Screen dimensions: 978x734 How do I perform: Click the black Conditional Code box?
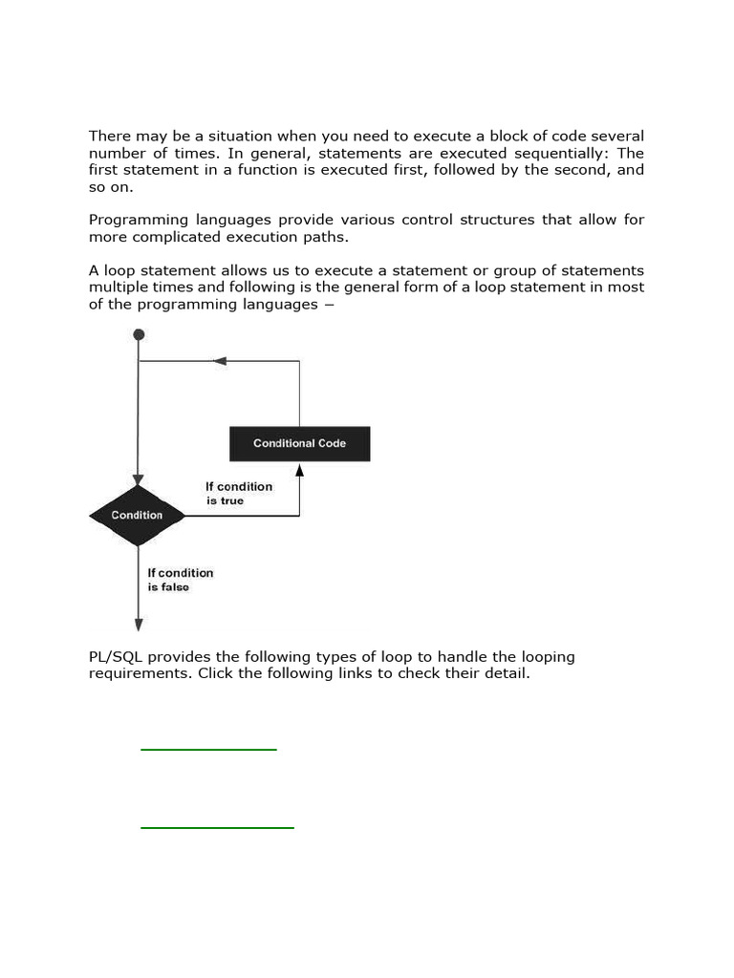pyautogui.click(x=299, y=443)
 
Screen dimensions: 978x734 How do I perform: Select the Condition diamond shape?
pyautogui.click(x=138, y=516)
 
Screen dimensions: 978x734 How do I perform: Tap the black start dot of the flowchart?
pyautogui.click(x=139, y=334)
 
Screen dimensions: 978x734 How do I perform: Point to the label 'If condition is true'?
pyautogui.click(x=238, y=493)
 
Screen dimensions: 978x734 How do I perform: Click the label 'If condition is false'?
pyautogui.click(x=180, y=580)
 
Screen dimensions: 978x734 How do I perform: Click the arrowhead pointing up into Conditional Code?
pyautogui.click(x=299, y=469)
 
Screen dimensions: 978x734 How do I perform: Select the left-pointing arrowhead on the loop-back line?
pyautogui.click(x=220, y=361)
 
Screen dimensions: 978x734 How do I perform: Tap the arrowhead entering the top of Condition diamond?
pyautogui.click(x=139, y=479)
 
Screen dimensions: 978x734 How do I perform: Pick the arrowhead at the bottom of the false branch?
pyautogui.click(x=139, y=625)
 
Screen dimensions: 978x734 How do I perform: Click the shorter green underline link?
pyautogui.click(x=208, y=750)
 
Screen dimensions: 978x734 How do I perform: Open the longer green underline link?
pyautogui.click(x=217, y=827)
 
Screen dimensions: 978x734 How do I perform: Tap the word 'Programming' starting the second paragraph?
pyautogui.click(x=135, y=220)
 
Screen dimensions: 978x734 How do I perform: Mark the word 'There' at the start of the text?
pyautogui.click(x=108, y=136)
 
